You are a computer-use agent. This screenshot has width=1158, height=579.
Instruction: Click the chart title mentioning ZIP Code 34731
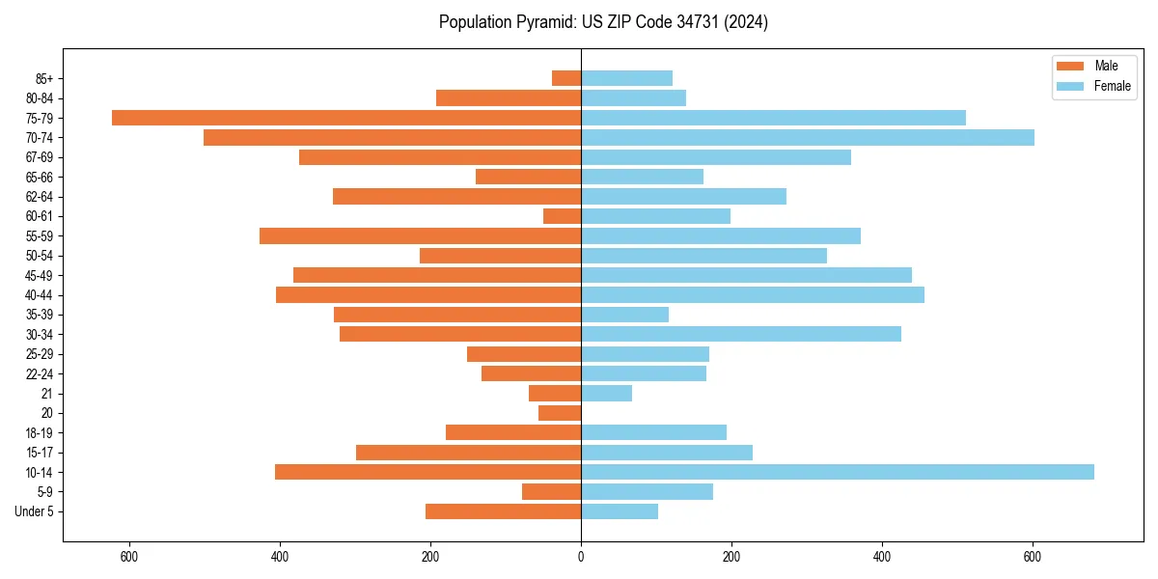(x=603, y=22)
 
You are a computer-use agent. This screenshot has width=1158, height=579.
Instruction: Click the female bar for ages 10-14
(x=838, y=472)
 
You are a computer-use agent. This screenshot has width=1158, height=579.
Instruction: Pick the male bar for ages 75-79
(x=346, y=118)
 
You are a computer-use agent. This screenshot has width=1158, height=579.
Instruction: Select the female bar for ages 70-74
(x=808, y=138)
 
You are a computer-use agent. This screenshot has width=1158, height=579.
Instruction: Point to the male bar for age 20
(x=560, y=413)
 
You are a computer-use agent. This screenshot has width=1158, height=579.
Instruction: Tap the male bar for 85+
(x=566, y=78)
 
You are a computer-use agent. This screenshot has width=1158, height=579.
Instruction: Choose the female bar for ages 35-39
(x=624, y=315)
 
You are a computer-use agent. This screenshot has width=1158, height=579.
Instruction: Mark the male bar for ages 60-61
(x=562, y=216)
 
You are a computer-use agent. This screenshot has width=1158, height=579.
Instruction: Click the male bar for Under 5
(x=503, y=511)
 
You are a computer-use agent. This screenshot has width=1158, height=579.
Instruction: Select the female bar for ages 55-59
(x=721, y=236)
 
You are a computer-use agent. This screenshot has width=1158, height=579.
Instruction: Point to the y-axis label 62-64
(x=39, y=197)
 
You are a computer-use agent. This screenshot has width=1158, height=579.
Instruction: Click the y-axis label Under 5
(x=34, y=511)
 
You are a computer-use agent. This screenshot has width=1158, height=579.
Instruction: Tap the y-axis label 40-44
(x=39, y=295)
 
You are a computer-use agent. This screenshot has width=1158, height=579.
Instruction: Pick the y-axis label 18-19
(x=39, y=433)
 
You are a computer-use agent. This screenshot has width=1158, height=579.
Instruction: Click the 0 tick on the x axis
(x=581, y=557)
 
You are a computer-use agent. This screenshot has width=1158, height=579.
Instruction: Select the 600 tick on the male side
(x=129, y=557)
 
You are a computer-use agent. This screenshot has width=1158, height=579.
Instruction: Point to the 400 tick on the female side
(x=882, y=557)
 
